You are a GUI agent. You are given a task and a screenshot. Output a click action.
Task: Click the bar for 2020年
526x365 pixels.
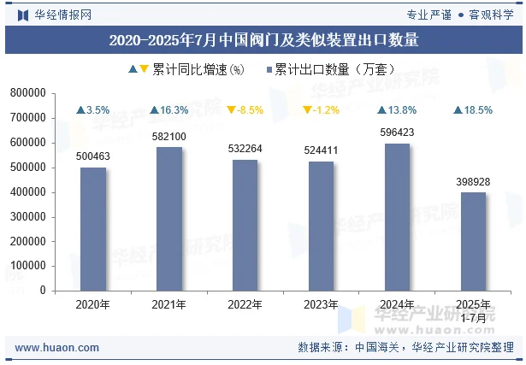(x=93, y=228)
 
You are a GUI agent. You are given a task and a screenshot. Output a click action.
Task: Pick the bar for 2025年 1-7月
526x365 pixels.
(x=474, y=241)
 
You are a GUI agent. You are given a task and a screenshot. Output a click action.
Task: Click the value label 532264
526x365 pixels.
(x=245, y=149)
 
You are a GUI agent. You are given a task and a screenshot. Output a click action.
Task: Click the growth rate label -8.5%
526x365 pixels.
(x=245, y=110)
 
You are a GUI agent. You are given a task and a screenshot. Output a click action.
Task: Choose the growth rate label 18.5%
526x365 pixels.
(x=474, y=110)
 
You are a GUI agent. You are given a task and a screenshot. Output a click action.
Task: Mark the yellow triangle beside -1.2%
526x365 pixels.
(x=307, y=110)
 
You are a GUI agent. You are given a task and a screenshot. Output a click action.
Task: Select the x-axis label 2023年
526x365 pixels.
(x=322, y=304)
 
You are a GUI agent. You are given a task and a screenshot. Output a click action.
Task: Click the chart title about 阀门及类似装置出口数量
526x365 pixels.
(x=263, y=39)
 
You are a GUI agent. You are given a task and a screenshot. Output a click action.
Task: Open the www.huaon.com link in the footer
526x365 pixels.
(x=57, y=348)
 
